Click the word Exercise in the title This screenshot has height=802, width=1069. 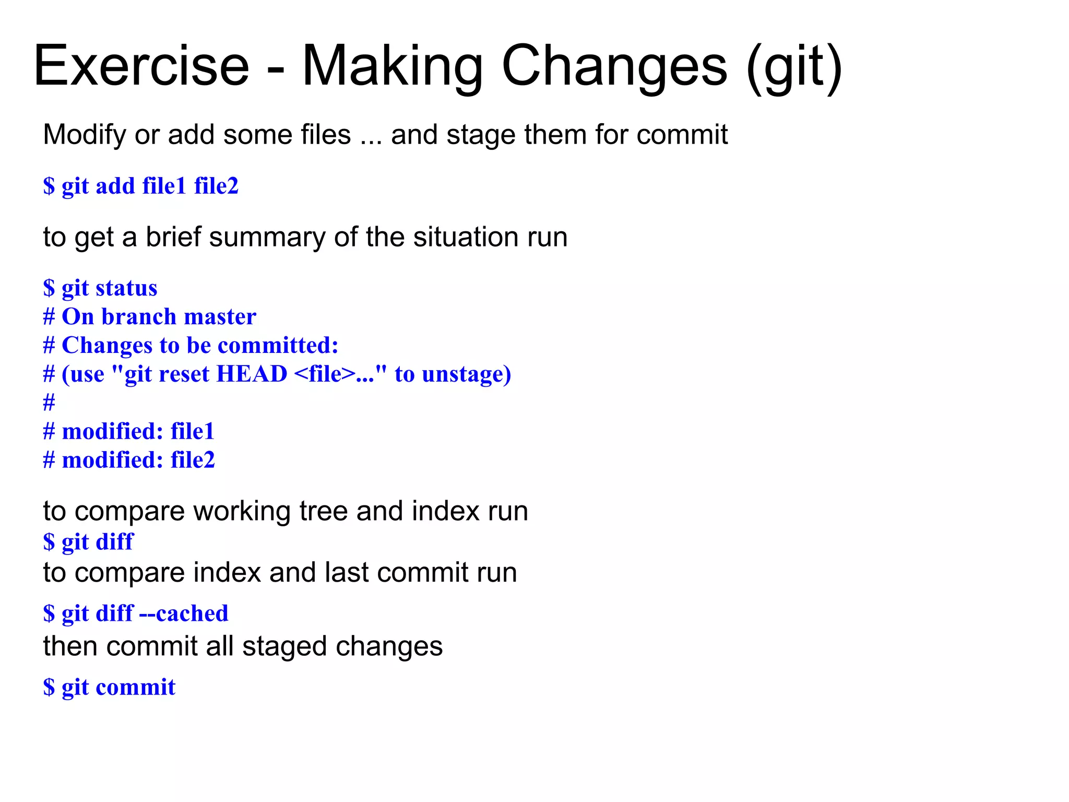point(141,66)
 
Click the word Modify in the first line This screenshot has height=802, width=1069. point(85,135)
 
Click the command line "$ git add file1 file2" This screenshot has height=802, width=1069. point(141,186)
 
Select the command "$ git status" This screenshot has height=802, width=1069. point(100,288)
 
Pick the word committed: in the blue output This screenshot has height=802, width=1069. point(278,346)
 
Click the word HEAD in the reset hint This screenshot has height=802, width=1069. point(252,374)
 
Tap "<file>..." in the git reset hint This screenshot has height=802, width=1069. point(334,374)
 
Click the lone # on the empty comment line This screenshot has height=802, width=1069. point(49,403)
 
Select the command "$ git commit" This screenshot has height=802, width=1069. point(110,687)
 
